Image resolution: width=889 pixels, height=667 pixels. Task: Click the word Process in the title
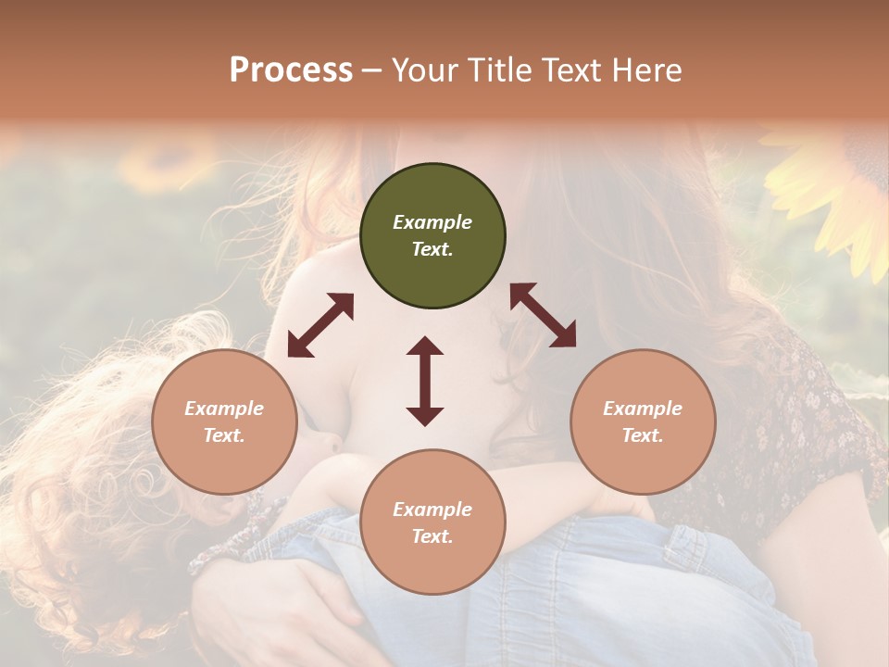[291, 70]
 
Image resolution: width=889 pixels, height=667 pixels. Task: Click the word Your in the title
[425, 70]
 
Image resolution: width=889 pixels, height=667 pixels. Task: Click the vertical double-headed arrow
[425, 381]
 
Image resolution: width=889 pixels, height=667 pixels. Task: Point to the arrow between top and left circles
[320, 325]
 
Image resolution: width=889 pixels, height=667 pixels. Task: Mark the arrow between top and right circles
[543, 315]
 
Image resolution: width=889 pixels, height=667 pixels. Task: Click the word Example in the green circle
[432, 222]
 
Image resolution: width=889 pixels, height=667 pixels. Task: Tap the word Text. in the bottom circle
[432, 536]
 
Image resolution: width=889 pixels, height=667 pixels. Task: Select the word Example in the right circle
[643, 409]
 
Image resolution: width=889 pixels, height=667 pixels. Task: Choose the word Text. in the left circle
[224, 435]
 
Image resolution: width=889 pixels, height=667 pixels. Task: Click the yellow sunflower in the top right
[838, 199]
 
